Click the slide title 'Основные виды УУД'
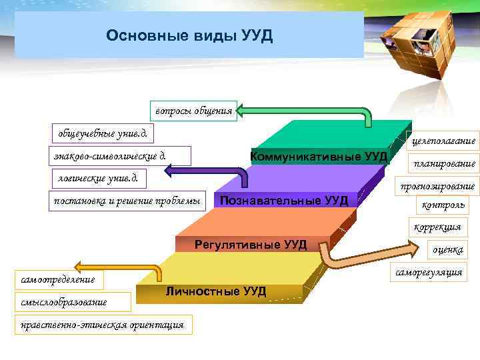coord(189,35)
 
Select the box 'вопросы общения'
coord(193,111)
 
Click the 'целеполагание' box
coord(443,141)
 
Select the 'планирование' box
coord(444,163)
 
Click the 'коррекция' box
coord(437,227)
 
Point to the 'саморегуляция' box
coord(428,273)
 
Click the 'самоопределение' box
coord(57,279)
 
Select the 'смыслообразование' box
coord(61,301)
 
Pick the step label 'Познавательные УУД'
coord(283,200)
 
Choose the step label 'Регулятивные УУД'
coord(250,245)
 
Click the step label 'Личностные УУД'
coord(215,291)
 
